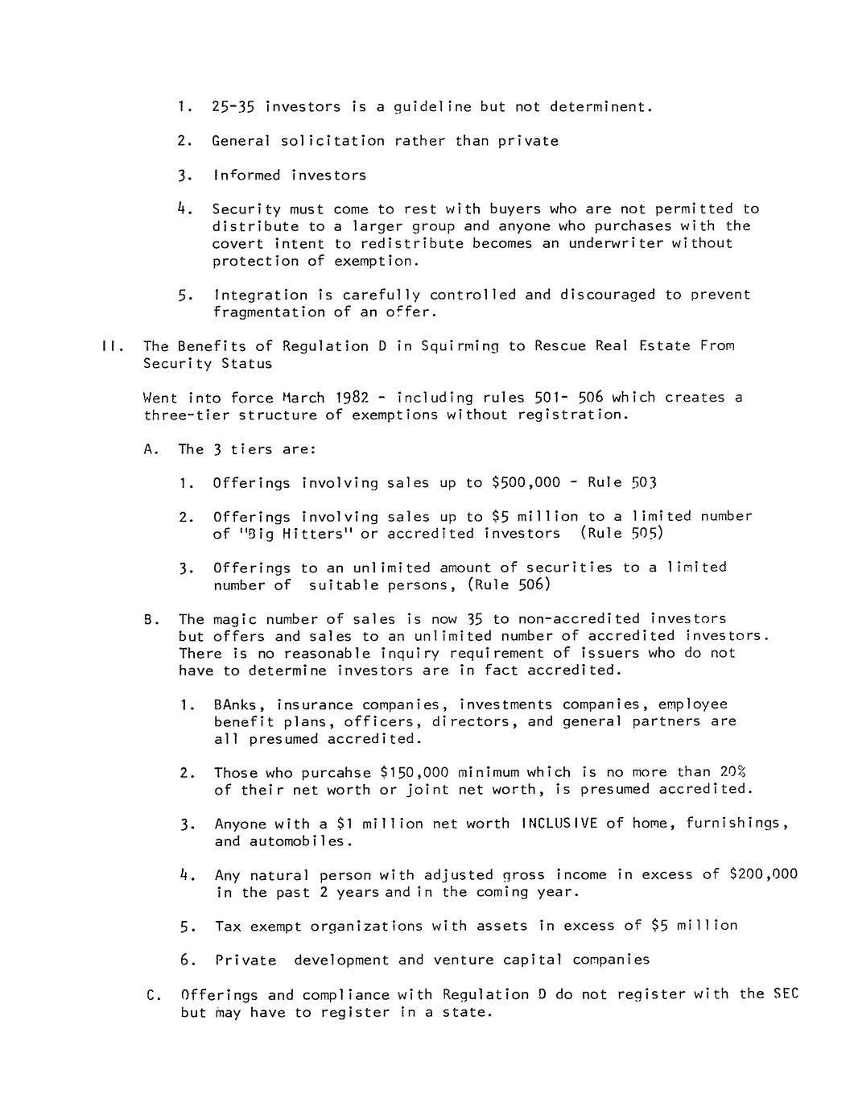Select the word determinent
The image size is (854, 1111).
pyautogui.click(x=600, y=106)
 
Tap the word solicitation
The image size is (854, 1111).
pyautogui.click(x=332, y=141)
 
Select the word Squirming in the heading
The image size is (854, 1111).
pyautogui.click(x=460, y=346)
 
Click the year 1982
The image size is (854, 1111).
pyautogui.click(x=351, y=398)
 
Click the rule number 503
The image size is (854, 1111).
pyautogui.click(x=643, y=483)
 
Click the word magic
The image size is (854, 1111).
pyautogui.click(x=234, y=619)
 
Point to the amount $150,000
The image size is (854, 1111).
pyautogui.click(x=413, y=773)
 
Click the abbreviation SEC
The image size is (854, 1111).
pyautogui.click(x=786, y=994)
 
